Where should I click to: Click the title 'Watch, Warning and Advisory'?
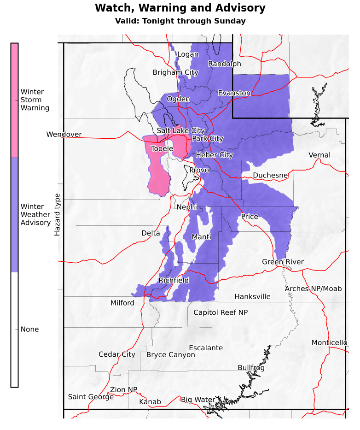click(180, 8)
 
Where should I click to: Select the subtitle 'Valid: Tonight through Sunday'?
click(180, 21)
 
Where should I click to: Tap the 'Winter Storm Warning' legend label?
click(35, 100)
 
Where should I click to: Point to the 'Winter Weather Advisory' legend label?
click(35, 215)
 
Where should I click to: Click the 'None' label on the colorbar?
click(29, 330)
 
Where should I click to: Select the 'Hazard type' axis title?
click(58, 215)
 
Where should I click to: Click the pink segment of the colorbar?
click(15, 100)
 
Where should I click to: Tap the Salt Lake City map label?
click(180, 131)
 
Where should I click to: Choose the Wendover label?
click(64, 135)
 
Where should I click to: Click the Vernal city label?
click(319, 155)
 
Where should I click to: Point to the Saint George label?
click(91, 397)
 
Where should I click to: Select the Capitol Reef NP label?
click(221, 313)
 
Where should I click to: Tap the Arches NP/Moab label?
click(313, 289)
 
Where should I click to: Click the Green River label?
click(283, 262)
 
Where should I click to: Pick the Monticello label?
click(329, 343)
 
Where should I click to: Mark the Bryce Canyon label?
click(170, 355)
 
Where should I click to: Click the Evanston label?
click(234, 93)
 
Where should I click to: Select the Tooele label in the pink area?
click(162, 149)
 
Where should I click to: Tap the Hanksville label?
click(252, 297)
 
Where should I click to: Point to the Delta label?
click(151, 234)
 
